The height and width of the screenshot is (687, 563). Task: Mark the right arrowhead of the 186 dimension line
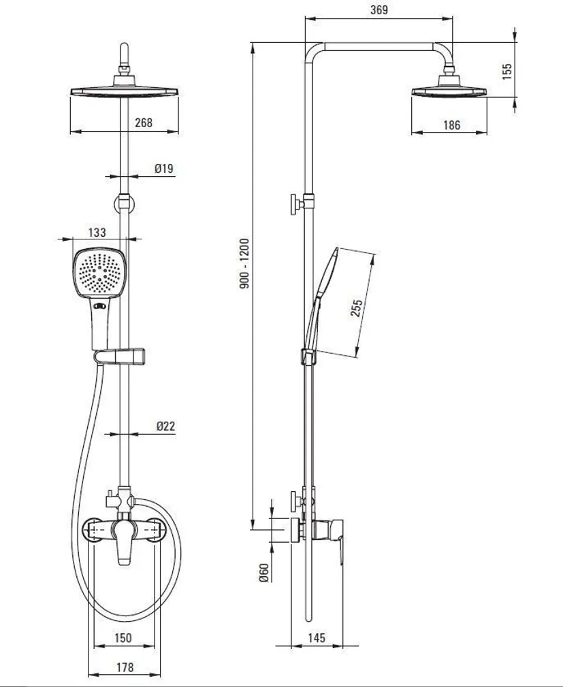481,132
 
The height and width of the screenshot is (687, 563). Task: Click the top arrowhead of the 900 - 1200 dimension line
253,48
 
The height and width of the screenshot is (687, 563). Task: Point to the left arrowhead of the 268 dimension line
76,131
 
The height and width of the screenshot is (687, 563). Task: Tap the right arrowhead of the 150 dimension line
149,646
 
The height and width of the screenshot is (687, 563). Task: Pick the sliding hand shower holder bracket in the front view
119,356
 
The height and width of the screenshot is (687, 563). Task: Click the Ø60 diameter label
263,573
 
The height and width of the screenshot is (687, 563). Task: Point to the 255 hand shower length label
357,308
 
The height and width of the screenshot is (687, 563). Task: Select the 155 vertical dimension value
507,71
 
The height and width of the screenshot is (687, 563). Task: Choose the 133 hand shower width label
97,232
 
